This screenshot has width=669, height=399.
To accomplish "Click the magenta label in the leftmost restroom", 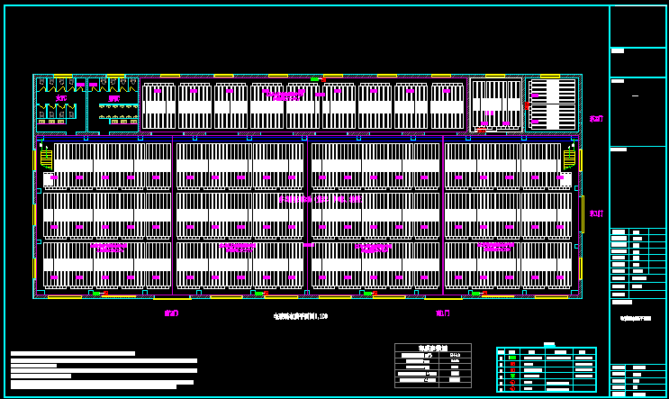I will click(x=61, y=98).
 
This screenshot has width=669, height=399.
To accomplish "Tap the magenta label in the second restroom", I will click(x=114, y=98).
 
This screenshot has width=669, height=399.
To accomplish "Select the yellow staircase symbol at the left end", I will click(x=46, y=159).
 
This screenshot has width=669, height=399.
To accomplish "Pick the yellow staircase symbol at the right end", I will click(x=569, y=159).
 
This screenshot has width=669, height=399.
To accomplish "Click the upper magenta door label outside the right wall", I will click(x=596, y=118).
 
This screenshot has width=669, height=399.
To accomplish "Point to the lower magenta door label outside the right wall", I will click(x=596, y=213).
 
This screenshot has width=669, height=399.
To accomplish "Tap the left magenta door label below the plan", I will click(x=171, y=313).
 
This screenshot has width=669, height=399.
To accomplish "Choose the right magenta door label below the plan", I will click(x=443, y=313).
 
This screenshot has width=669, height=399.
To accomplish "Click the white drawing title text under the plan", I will click(x=301, y=316).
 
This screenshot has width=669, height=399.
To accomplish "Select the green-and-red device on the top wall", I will click(x=317, y=79).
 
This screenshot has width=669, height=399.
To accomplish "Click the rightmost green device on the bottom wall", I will click(x=476, y=293).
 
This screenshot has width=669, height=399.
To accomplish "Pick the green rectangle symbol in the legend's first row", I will click(x=511, y=358).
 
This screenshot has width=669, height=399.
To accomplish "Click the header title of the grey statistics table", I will click(x=432, y=348).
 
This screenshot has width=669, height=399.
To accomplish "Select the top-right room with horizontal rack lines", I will click(x=553, y=104).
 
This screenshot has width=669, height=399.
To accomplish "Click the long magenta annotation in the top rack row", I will click(x=285, y=94).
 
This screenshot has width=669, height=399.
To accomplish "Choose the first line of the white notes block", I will click(x=72, y=353).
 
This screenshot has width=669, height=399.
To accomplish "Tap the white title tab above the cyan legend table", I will click(x=548, y=344).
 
